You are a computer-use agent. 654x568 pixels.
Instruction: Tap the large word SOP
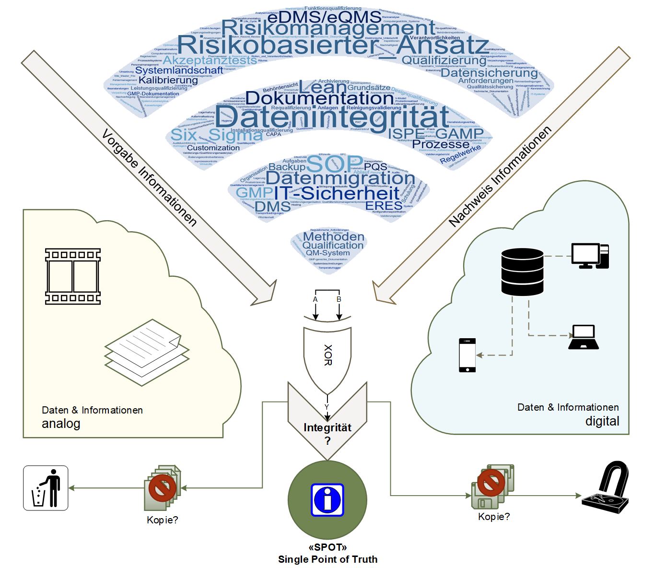[x=334, y=164]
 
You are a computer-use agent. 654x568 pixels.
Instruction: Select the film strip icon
[x=73, y=276]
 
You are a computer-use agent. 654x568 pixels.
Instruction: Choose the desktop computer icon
[x=590, y=256]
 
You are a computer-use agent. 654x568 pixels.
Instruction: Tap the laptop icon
[x=584, y=337]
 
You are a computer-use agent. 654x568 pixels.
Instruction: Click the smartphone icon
[x=467, y=355]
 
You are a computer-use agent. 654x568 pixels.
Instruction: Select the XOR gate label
[x=328, y=355]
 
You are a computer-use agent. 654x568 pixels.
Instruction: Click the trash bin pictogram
[x=46, y=488]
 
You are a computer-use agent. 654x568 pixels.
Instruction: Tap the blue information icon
[x=327, y=500]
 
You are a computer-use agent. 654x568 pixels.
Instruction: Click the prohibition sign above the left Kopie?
[x=162, y=487]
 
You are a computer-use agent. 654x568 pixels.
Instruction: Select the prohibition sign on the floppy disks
[x=491, y=483]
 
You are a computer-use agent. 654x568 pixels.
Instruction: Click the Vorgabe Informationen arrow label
[x=149, y=177]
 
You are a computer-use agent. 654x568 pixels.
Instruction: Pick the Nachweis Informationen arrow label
[x=500, y=177]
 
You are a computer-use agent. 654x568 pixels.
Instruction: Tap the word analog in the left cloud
[x=61, y=424]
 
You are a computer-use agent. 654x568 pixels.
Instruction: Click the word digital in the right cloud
[x=602, y=421]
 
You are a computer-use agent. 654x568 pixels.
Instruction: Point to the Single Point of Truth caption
[x=328, y=559]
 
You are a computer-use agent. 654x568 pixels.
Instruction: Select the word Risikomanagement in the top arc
[x=328, y=28]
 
